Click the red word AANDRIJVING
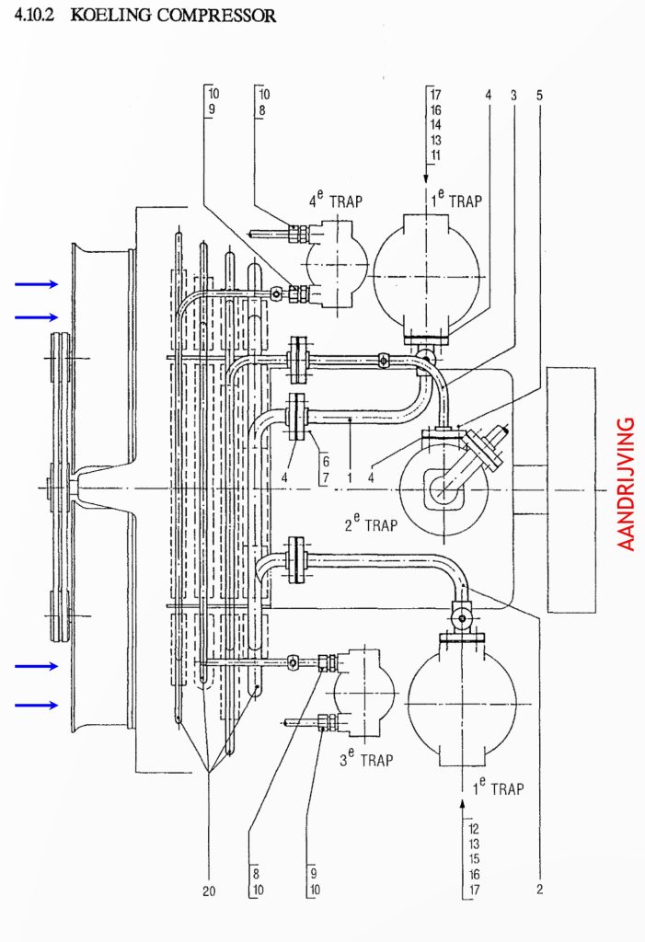tap(626, 484)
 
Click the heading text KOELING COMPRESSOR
tap(173, 16)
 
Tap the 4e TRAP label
tap(336, 200)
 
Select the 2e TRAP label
tap(371, 523)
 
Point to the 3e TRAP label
tap(366, 758)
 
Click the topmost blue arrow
tap(37, 284)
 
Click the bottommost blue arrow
tap(37, 705)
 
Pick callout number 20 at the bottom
tap(209, 890)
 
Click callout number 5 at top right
tap(539, 95)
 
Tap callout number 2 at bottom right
tap(539, 890)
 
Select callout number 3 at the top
tap(513, 95)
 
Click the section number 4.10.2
tap(34, 16)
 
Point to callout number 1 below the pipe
tap(350, 478)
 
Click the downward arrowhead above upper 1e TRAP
tap(426, 178)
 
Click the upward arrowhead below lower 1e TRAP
tap(462, 804)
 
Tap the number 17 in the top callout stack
tap(435, 95)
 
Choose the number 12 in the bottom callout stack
tap(474, 829)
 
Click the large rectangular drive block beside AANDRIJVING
tap(571, 490)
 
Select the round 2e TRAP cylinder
tap(443, 489)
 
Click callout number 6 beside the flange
tap(326, 462)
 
